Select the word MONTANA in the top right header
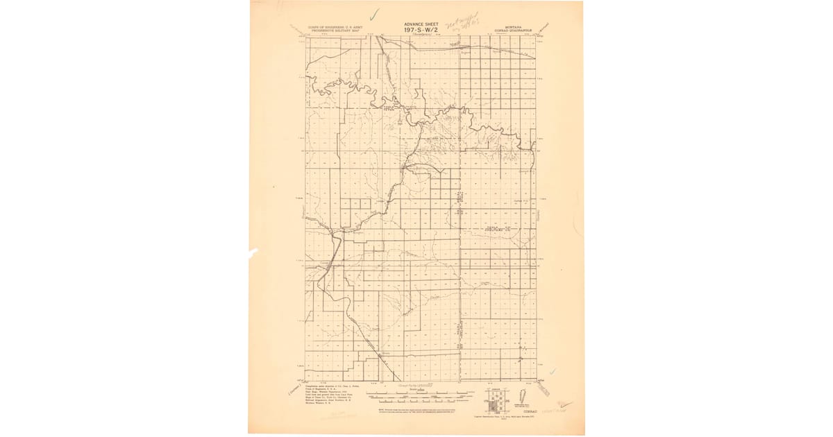coord(514,26)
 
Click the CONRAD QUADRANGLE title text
coord(514,31)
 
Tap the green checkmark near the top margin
coord(374,13)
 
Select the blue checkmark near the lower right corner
coord(553,372)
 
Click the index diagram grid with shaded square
coord(496,400)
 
